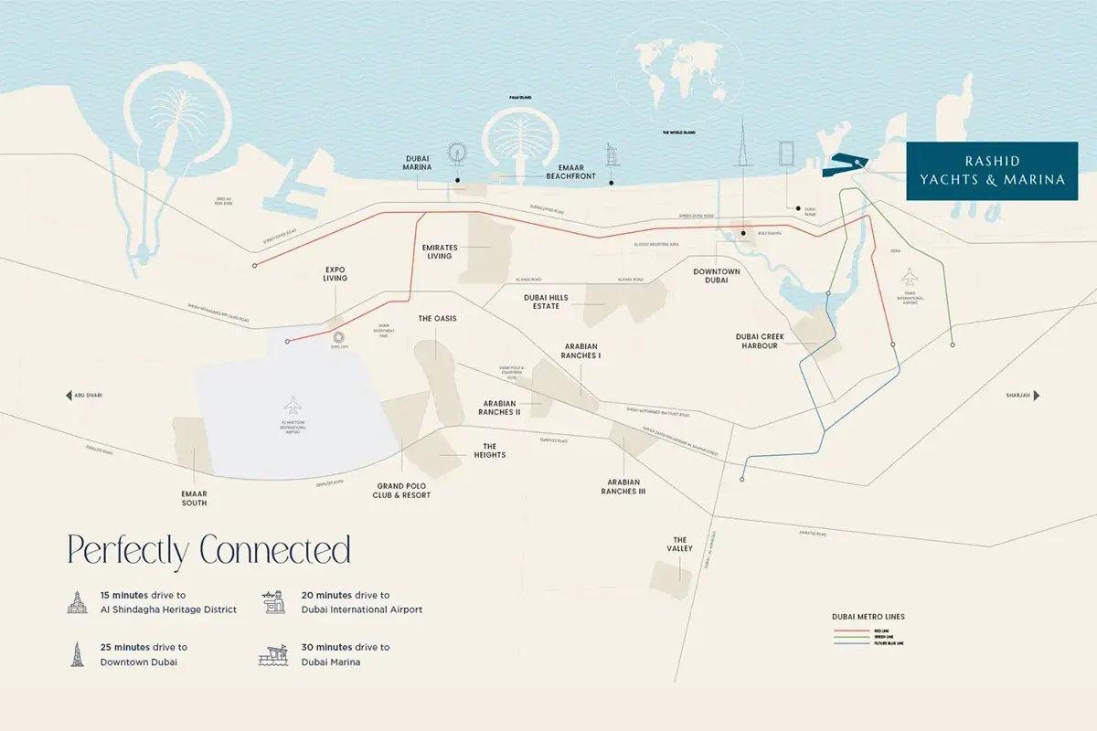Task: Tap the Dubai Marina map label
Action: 417,163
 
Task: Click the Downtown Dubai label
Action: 716,276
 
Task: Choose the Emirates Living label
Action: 437,252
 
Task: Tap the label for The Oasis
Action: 437,319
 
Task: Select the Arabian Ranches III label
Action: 623,487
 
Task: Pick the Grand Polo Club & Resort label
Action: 402,491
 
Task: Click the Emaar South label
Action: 194,498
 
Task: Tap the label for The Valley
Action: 680,545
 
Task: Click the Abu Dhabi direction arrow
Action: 69,396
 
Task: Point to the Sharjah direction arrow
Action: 1037,396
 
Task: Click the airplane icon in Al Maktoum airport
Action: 293,403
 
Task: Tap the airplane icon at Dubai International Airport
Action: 910,275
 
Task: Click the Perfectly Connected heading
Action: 208,552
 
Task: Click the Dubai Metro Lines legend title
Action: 868,617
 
